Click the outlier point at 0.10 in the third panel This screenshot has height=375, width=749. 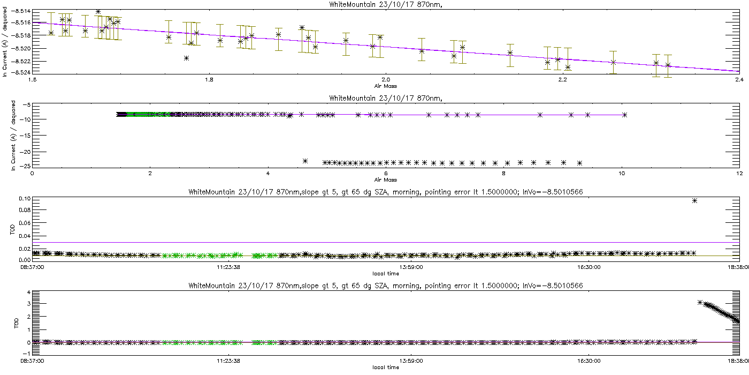694,200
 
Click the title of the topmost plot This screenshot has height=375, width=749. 373,4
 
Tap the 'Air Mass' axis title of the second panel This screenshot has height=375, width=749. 385,179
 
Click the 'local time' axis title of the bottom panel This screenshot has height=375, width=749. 385,367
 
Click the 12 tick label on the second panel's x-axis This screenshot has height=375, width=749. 739,173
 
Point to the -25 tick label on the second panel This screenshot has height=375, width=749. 25,166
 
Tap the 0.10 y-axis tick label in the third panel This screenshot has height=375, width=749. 24,198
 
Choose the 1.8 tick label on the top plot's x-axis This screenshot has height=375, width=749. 209,80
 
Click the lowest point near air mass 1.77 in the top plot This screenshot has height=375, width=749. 186,58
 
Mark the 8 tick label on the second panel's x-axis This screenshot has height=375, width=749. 503,173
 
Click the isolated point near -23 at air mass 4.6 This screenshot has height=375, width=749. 305,161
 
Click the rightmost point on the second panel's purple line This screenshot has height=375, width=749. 624,115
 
